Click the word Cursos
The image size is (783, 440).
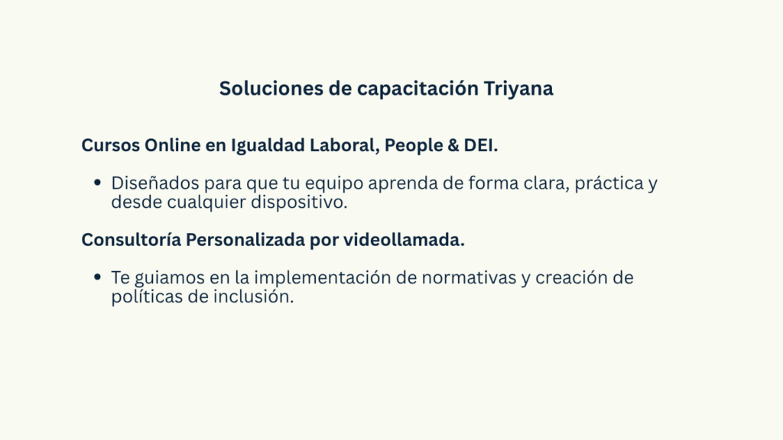pyautogui.click(x=110, y=145)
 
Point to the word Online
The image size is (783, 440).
pyautogui.click(x=172, y=145)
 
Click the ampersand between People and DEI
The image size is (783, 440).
pyautogui.click(x=453, y=145)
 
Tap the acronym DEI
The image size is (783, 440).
pyautogui.click(x=480, y=145)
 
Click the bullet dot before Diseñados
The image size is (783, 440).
pyautogui.click(x=97, y=183)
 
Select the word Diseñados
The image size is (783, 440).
pyautogui.click(x=155, y=183)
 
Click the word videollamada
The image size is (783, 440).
pyautogui.click(x=404, y=239)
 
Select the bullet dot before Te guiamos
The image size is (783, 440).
pyautogui.click(x=97, y=277)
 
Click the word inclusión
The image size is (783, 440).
pyautogui.click(x=253, y=296)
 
